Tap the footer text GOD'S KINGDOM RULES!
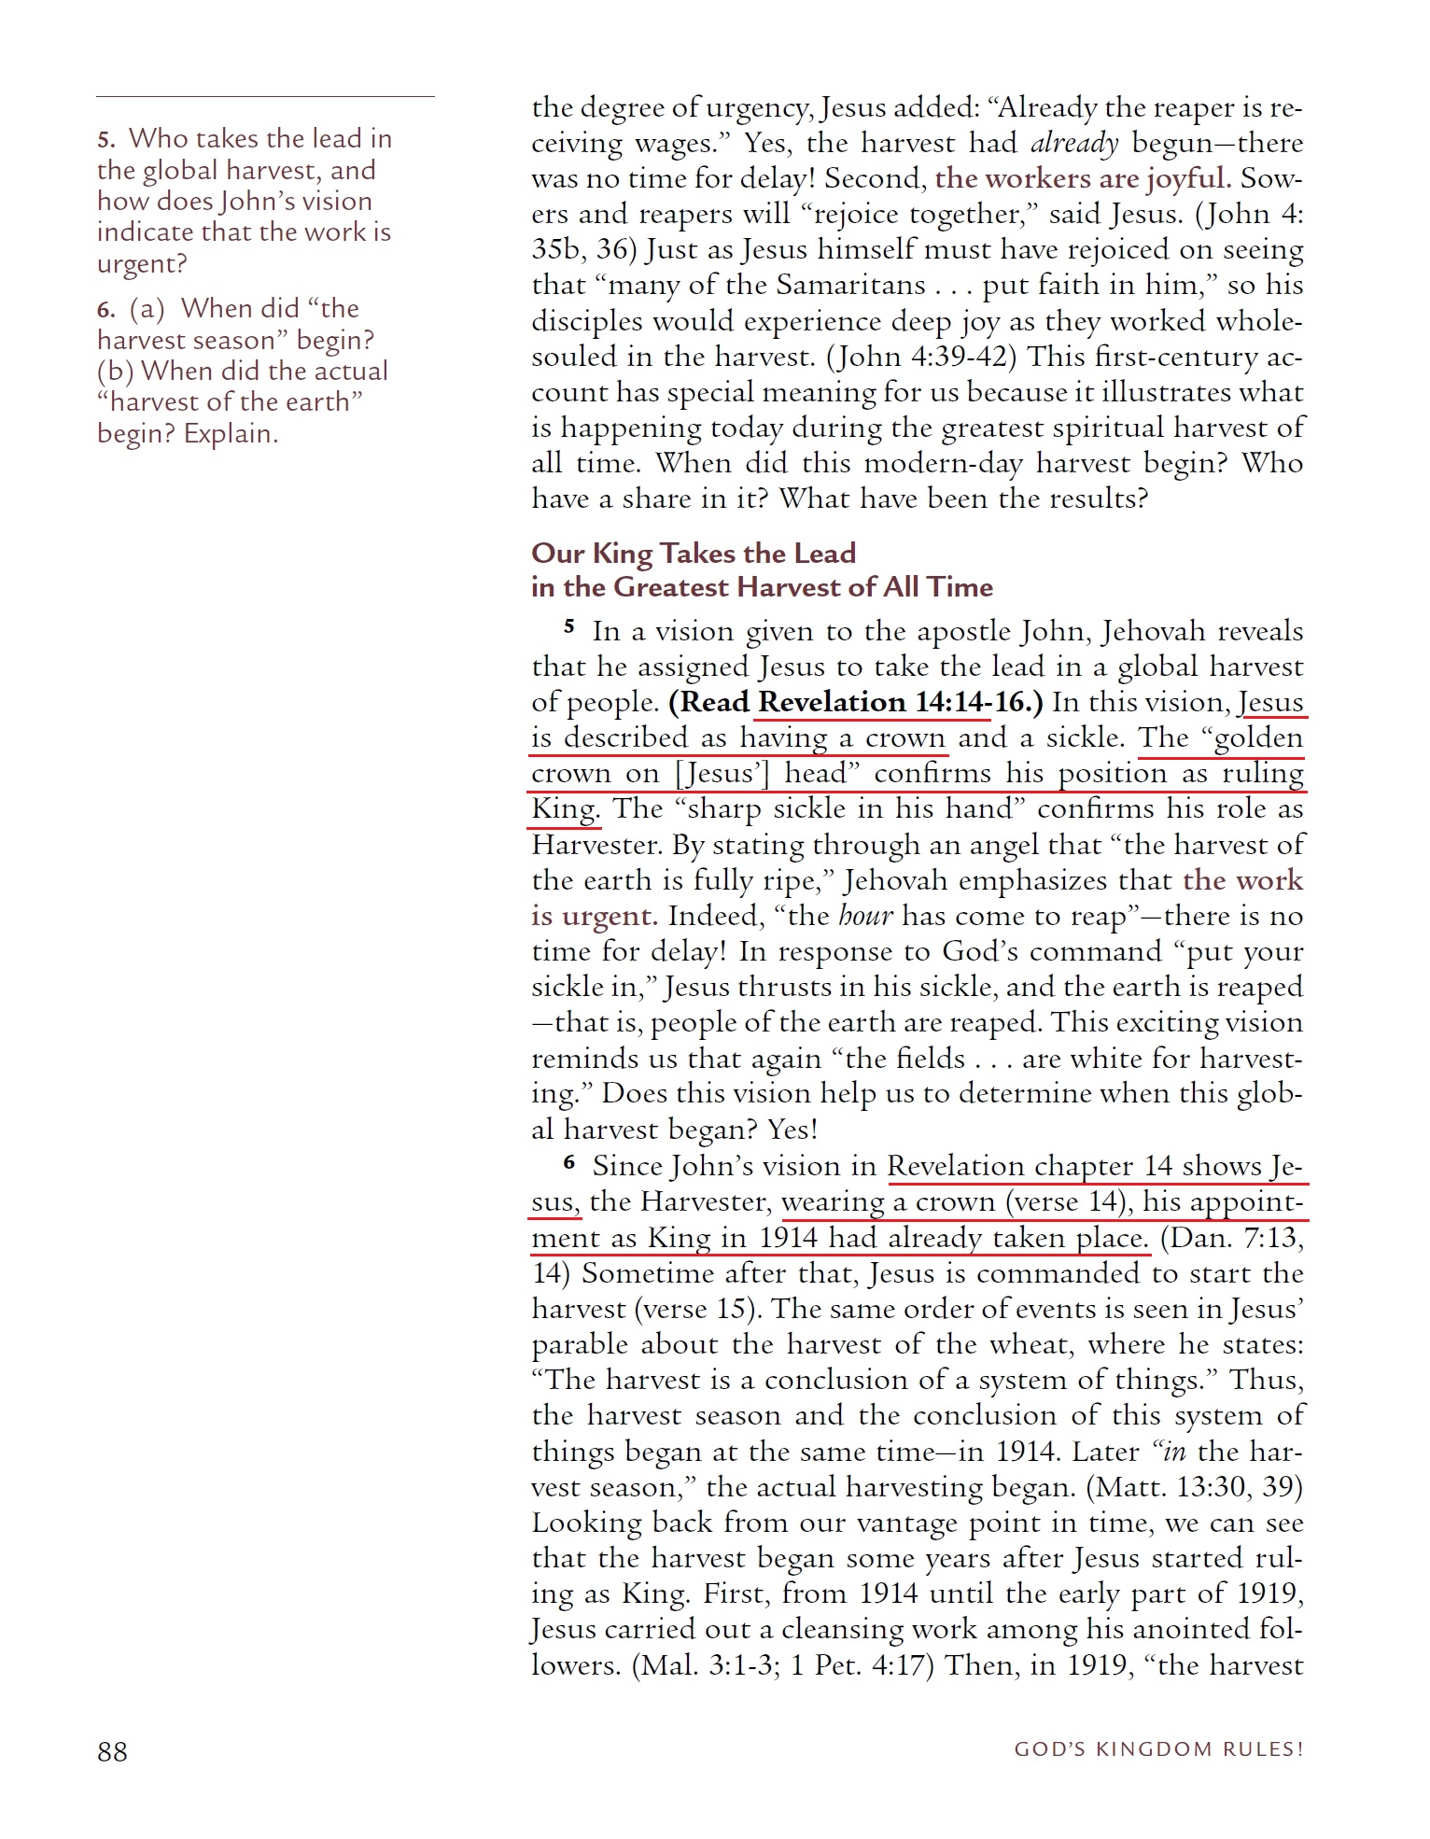[x=1158, y=1748]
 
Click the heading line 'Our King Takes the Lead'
[x=693, y=553]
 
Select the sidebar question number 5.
[x=105, y=140]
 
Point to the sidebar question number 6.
[x=105, y=310]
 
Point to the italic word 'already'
[x=1073, y=143]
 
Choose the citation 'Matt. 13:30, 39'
[x=1195, y=1486]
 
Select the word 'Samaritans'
[x=850, y=285]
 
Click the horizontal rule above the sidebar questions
[x=265, y=96]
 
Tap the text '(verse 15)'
[x=696, y=1309]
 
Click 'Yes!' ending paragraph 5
[x=792, y=1130]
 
